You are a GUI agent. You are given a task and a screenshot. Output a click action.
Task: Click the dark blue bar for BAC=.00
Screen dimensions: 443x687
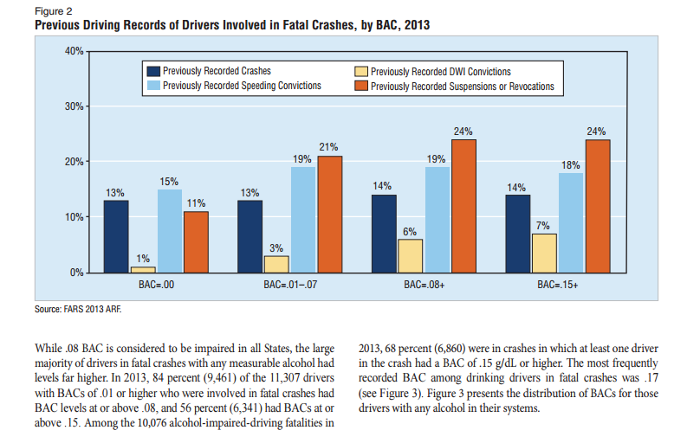pos(117,236)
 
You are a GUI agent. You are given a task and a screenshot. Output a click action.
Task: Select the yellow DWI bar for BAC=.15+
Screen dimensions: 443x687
pos(545,253)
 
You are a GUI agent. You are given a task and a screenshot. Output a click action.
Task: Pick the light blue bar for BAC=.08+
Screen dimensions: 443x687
pos(437,220)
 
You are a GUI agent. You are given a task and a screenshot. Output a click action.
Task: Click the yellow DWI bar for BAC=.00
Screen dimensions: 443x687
pos(143,269)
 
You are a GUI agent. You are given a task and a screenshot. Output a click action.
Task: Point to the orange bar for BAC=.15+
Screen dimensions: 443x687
pos(598,206)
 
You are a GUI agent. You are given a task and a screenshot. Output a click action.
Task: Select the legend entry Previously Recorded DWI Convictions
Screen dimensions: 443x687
pos(433,72)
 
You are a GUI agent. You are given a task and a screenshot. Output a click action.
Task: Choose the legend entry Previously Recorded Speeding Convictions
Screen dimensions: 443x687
pos(233,86)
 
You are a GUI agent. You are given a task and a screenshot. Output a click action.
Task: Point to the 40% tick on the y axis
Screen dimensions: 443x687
pos(73,52)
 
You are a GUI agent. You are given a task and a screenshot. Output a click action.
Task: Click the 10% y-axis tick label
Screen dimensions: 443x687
pos(73,217)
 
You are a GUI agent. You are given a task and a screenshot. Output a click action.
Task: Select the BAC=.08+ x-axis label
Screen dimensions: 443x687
pos(424,284)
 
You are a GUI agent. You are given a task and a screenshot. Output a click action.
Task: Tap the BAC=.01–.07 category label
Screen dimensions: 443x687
pos(290,284)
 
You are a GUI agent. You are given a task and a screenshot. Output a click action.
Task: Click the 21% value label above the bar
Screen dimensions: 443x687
pos(329,148)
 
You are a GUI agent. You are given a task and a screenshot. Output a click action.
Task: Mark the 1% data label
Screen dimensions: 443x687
pos(143,258)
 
